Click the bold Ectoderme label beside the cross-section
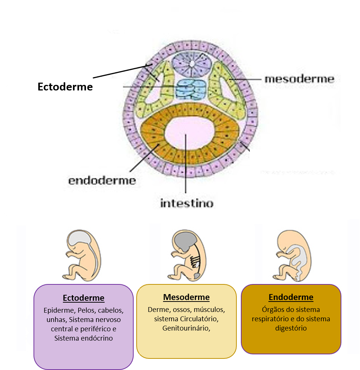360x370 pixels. (x=65, y=87)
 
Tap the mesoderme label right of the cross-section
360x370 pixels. (x=299, y=79)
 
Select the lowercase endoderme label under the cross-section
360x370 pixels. (x=102, y=181)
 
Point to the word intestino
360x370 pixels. (x=187, y=203)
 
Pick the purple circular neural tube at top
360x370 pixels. (x=191, y=63)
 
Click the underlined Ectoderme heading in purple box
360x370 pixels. (x=83, y=298)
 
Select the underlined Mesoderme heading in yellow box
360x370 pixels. (x=186, y=297)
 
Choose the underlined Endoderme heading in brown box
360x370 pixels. (x=291, y=297)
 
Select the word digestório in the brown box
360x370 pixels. (x=291, y=328)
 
